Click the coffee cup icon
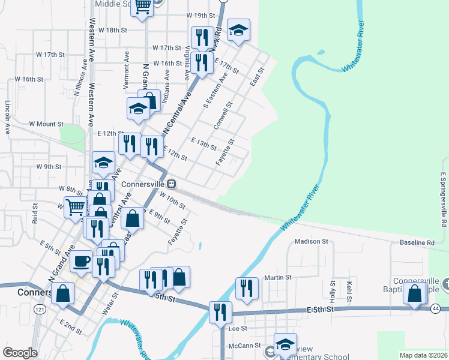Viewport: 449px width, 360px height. point(81,262)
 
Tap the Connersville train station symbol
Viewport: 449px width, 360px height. point(171,184)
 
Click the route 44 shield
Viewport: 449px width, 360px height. point(436,308)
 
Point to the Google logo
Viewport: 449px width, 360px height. point(20,352)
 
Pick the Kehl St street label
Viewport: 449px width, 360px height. point(348,287)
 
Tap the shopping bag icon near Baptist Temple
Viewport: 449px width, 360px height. point(415,294)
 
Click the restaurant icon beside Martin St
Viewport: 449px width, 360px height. point(247,288)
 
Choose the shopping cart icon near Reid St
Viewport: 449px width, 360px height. point(76,208)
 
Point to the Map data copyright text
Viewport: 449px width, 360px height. point(414,355)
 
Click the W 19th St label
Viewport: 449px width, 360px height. point(200,15)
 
